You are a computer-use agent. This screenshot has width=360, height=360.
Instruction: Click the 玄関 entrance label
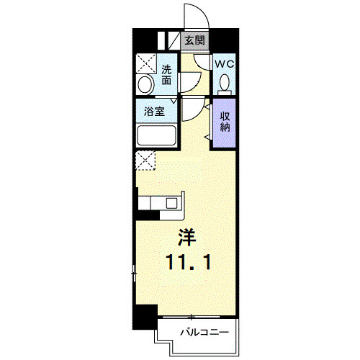coord(192,41)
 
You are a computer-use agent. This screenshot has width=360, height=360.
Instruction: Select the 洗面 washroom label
coord(167,76)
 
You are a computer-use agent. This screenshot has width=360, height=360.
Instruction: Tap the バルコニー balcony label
coord(204,333)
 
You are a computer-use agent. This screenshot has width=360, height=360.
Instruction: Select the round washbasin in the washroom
coord(145,85)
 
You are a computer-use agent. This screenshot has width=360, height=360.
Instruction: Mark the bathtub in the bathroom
coord(157,137)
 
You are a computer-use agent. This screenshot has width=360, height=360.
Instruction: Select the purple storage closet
coord(224,124)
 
